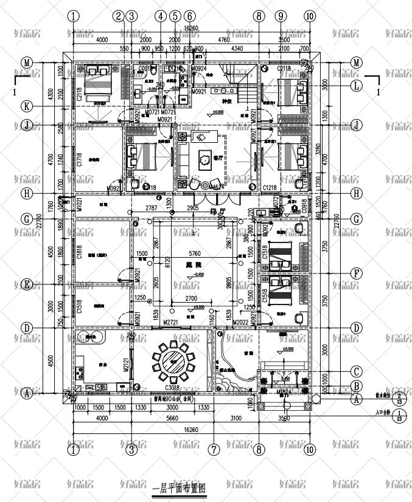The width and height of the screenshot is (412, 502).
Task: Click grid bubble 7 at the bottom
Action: (214, 450)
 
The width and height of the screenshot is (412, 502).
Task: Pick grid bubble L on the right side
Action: (357, 86)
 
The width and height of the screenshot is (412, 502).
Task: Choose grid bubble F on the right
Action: (357, 273)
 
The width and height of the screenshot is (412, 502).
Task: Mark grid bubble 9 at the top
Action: (280, 16)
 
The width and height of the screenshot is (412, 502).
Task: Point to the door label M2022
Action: (238, 322)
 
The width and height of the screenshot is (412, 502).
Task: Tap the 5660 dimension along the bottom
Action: (172, 418)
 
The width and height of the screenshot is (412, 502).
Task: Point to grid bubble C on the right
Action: (357, 371)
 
